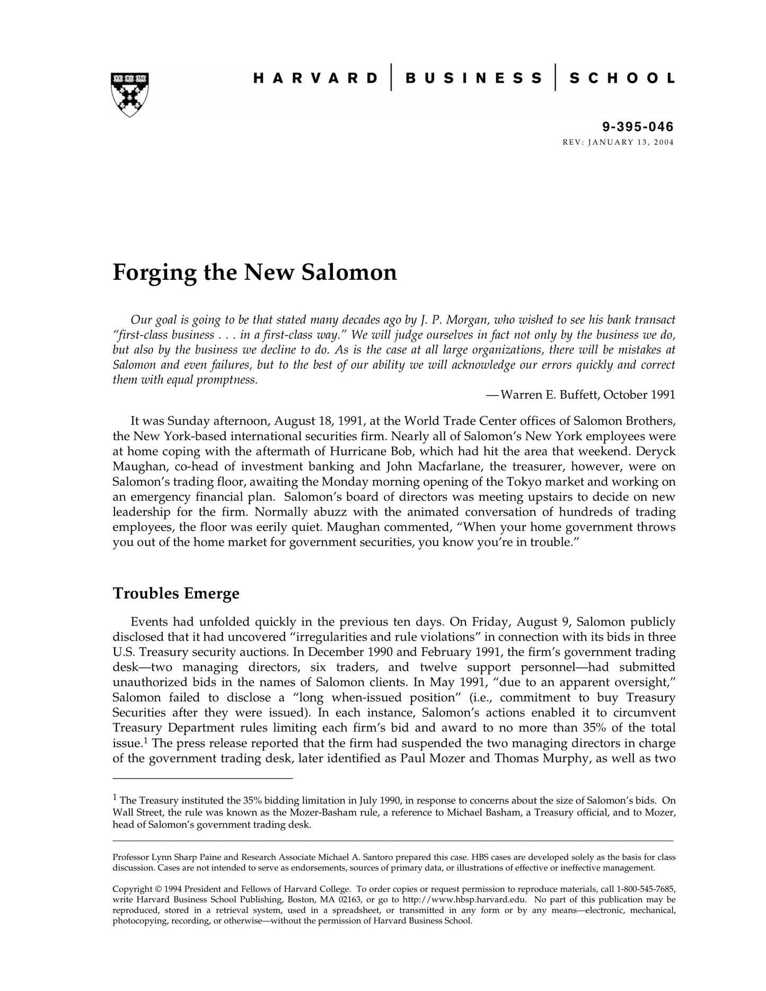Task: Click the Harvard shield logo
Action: pos(130,94)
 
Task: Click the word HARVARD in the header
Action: pos(315,78)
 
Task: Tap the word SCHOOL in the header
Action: pos(622,78)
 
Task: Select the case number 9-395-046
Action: pos(638,127)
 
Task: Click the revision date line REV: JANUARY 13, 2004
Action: pos(618,142)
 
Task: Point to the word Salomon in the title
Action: pos(349,272)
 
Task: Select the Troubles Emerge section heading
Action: pos(176,593)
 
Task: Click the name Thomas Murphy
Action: pos(541,758)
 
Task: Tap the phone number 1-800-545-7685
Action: pos(646,889)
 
